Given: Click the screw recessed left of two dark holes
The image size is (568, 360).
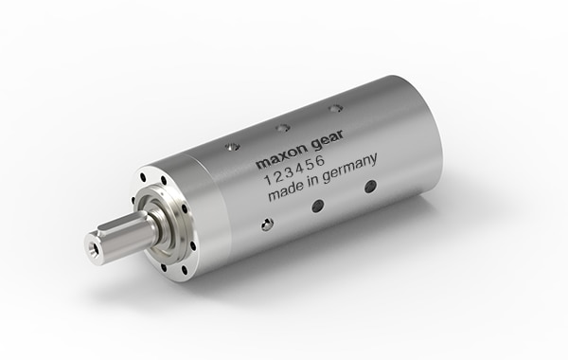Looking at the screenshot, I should [x=268, y=224].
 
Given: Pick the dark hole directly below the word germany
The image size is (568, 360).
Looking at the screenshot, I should [x=370, y=187].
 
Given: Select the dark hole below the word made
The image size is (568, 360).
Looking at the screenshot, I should [x=317, y=206].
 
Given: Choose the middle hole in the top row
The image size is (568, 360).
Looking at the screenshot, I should [x=282, y=127].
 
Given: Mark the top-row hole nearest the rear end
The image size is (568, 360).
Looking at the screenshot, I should [x=335, y=108].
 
